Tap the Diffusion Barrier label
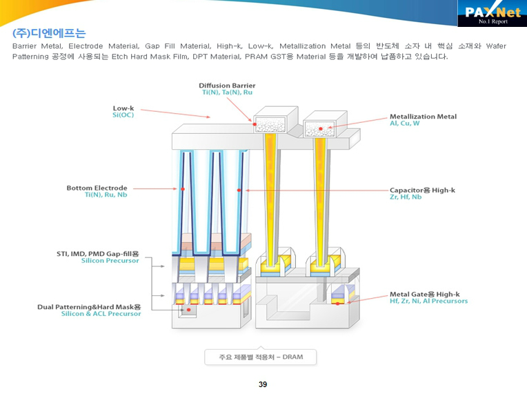pyautogui.click(x=227, y=86)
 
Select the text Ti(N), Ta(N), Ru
pyautogui.click(x=227, y=92)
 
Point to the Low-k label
pyautogui.click(x=123, y=108)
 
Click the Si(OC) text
pyautogui.click(x=123, y=115)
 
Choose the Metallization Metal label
pyautogui.click(x=423, y=117)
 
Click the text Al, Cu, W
pyautogui.click(x=405, y=124)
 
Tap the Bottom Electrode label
pyautogui.click(x=97, y=188)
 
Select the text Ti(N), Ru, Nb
pyautogui.click(x=106, y=195)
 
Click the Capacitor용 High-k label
pyautogui.click(x=422, y=190)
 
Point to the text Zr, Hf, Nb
pyautogui.click(x=405, y=197)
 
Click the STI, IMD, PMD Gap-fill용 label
pyautogui.click(x=97, y=254)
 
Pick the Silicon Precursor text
pyautogui.click(x=110, y=261)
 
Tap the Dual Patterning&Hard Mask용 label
pyautogui.click(x=89, y=306)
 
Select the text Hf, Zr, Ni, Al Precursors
pyautogui.click(x=428, y=301)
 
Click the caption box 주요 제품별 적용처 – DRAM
pyautogui.click(x=261, y=357)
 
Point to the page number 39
pyautogui.click(x=263, y=384)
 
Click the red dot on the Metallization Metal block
pyautogui.click(x=320, y=129)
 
